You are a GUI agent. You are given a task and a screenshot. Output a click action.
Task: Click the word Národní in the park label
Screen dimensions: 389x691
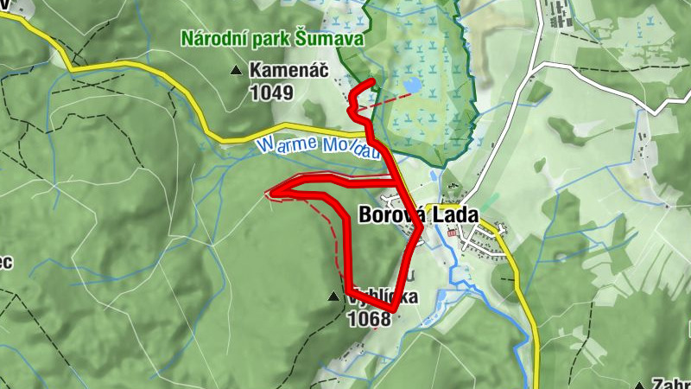(x=212, y=39)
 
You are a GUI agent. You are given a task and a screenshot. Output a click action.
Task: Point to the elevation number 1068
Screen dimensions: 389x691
(x=369, y=319)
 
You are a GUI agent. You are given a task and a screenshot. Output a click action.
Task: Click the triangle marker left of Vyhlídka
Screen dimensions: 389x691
(x=333, y=297)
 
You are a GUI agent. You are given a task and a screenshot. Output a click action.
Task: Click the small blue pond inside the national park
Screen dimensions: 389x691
(x=413, y=86)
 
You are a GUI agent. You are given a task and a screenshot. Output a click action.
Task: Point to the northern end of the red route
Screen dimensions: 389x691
(x=372, y=82)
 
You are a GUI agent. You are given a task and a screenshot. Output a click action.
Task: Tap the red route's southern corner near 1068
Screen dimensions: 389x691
(x=393, y=309)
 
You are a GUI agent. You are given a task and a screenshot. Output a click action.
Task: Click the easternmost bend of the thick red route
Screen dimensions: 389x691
(x=421, y=229)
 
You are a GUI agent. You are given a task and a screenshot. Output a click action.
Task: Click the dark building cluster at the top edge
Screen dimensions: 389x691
(x=558, y=16)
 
